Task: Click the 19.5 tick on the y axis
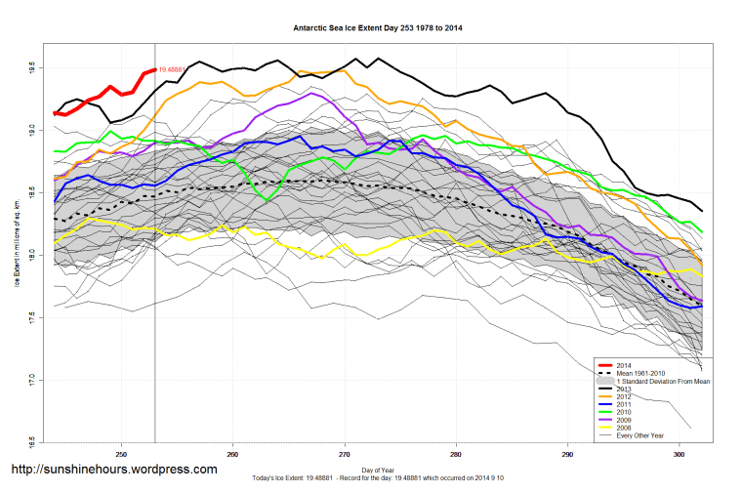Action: click(x=33, y=68)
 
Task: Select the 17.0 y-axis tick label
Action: click(x=33, y=379)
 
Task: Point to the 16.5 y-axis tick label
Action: click(x=33, y=441)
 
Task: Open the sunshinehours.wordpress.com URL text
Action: click(x=113, y=470)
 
